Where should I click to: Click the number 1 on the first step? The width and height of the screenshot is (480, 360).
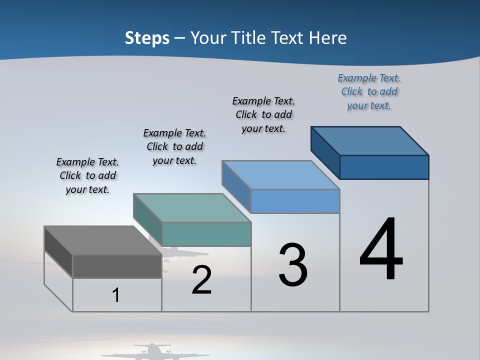coord(116,295)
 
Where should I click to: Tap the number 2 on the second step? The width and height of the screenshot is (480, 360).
coord(201,280)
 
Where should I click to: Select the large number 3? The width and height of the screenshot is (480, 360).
coord(293,265)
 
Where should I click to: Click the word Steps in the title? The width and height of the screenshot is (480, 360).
coord(147,38)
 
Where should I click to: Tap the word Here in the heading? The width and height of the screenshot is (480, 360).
coord(328,38)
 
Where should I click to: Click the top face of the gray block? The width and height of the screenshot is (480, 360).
coord(102,240)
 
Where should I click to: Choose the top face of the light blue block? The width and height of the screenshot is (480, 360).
coord(280,175)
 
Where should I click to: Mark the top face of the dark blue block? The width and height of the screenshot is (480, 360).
coord(369,141)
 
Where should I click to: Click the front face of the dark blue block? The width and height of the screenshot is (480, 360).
coord(384,167)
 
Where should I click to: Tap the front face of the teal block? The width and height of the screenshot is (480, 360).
coord(206,234)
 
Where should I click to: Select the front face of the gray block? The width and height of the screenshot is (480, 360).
coord(117,266)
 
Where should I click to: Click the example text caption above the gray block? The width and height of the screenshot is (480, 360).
coord(87,175)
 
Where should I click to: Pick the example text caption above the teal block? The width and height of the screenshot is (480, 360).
coord(174,146)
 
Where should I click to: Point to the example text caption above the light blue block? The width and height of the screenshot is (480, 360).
coord(263,114)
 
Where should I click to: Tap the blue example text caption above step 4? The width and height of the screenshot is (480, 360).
coord(369,91)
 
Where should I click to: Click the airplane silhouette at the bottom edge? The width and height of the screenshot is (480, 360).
coord(155,351)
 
